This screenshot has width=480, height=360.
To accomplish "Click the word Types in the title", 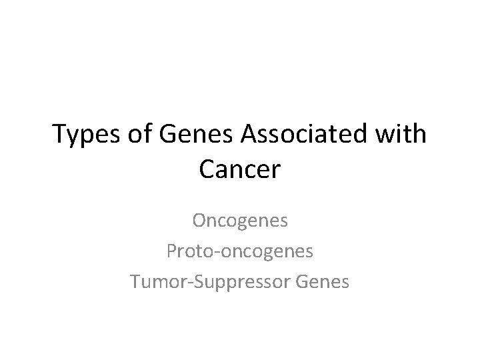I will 85,135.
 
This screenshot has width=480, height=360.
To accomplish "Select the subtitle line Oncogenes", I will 240,220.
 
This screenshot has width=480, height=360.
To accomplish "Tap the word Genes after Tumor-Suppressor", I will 323,282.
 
